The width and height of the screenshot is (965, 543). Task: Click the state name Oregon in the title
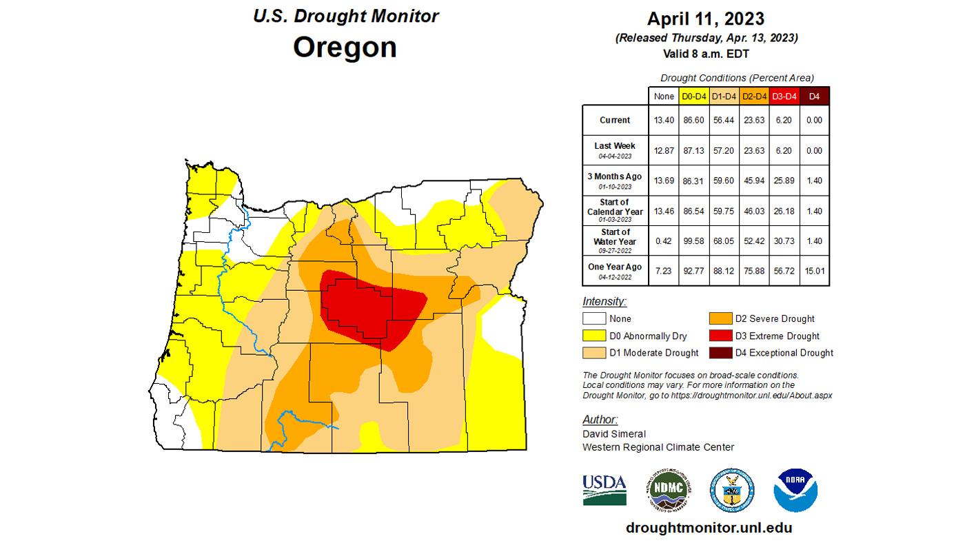[345, 48]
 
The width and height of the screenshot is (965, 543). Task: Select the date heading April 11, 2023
[707, 19]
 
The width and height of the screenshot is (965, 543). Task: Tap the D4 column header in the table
[814, 96]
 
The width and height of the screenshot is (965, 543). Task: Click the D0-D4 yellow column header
[693, 96]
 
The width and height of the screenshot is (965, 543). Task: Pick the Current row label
[614, 120]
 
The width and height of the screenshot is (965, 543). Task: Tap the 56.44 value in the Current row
[723, 120]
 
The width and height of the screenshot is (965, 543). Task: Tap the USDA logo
[605, 489]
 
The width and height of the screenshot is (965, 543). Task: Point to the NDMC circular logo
[668, 490]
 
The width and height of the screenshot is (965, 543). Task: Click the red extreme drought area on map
[372, 307]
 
